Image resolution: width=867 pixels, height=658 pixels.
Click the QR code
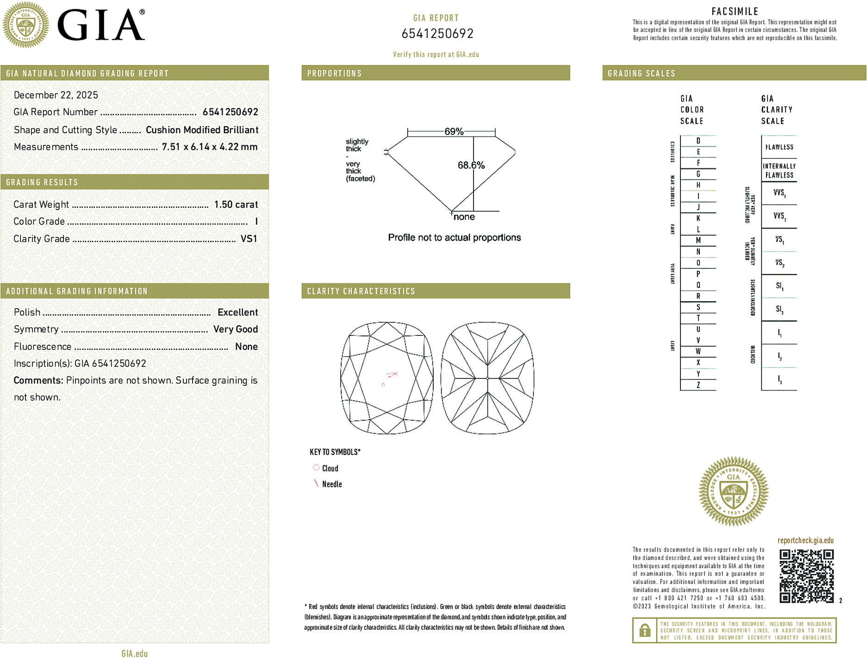806,576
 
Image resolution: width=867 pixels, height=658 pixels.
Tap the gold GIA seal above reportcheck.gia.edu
733,491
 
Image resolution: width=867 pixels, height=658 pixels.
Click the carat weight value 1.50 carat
236,205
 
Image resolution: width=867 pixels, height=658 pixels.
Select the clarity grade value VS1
249,239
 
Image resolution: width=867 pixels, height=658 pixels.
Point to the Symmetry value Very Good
235,329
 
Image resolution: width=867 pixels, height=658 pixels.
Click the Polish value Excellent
237,312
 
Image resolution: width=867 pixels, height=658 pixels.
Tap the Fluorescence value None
246,347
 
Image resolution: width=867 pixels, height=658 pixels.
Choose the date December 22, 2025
56,95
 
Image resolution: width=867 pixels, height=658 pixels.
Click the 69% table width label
454,131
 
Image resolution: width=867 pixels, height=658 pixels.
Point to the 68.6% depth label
471,165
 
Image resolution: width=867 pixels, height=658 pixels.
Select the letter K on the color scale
698,218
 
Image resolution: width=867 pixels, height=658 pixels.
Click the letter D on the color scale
698,141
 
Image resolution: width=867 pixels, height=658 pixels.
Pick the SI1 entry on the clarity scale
780,286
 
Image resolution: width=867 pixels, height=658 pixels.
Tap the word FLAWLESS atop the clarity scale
779,147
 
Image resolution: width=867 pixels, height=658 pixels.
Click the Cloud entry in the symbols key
330,468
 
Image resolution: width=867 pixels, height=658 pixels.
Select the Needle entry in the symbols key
331,484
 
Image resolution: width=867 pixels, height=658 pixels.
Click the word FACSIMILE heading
735,12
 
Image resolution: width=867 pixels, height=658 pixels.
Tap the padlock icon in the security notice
644,630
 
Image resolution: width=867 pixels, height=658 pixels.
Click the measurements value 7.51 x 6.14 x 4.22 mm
209,147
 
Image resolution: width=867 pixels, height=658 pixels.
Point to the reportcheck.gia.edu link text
805,540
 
